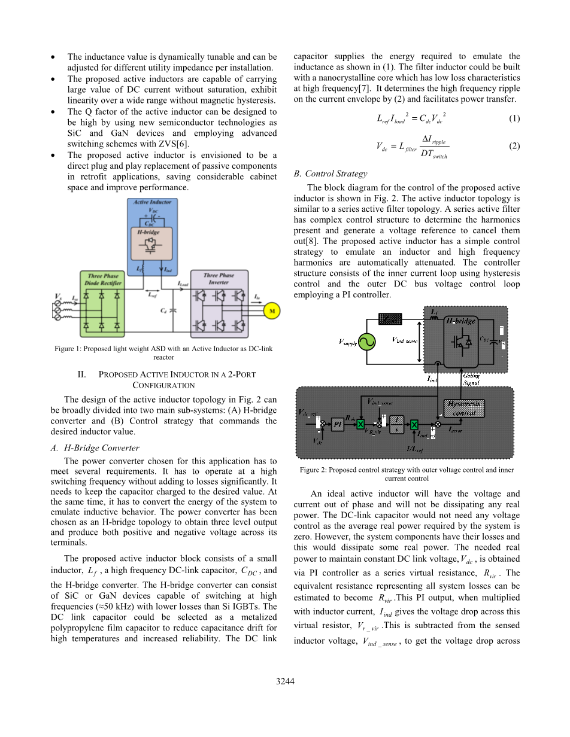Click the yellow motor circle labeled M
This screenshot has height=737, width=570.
272,311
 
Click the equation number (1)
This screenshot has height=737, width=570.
514,118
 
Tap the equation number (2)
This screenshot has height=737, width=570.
514,145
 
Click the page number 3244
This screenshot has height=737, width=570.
285,681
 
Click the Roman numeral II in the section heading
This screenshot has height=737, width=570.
83,374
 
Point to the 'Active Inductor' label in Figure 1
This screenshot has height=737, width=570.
153,203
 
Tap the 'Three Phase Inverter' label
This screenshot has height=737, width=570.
219,278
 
